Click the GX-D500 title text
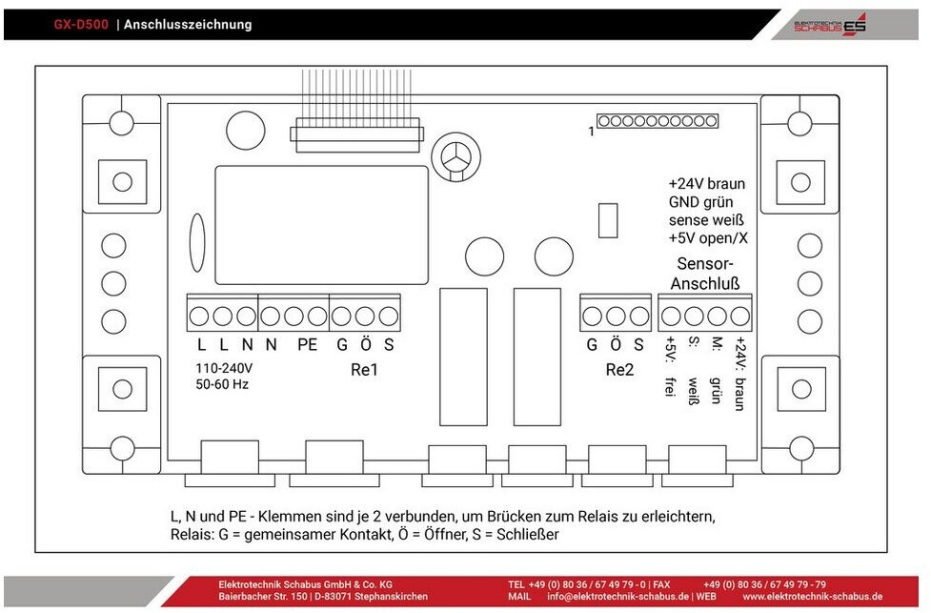(81, 25)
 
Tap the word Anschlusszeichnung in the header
(188, 25)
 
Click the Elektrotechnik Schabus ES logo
(830, 26)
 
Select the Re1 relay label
(364, 370)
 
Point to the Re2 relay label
(619, 370)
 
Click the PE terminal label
(307, 344)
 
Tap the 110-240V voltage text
(224, 368)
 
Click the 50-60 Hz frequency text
(222, 384)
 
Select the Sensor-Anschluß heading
(705, 274)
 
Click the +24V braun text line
(706, 184)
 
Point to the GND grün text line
(700, 202)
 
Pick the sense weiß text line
(706, 220)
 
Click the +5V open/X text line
(708, 238)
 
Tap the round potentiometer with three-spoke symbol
(456, 157)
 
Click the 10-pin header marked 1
(658, 121)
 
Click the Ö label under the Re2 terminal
(616, 344)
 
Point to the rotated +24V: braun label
(739, 374)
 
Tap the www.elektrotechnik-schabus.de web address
(812, 597)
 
